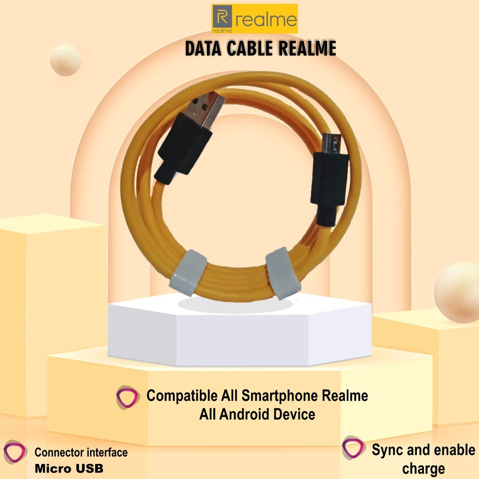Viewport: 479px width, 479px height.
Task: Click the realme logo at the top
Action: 254,19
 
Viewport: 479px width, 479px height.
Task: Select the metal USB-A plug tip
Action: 209,109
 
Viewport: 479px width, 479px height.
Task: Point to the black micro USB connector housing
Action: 330,180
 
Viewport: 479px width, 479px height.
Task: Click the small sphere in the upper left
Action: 66,60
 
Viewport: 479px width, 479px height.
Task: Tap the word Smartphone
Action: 280,396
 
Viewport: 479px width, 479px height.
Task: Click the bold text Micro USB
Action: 69,468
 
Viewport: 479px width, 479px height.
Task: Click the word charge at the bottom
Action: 423,468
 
